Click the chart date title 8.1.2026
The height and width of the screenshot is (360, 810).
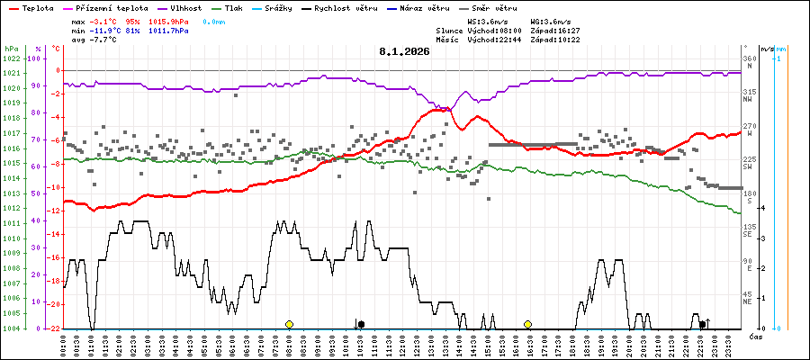pyautogui.click(x=404, y=51)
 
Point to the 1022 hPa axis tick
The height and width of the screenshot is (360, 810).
pyautogui.click(x=11, y=58)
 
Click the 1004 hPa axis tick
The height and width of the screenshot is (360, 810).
pyautogui.click(x=11, y=328)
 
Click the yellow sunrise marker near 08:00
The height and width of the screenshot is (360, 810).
pyautogui.click(x=289, y=324)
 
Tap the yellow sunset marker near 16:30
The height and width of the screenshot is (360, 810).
pyautogui.click(x=527, y=324)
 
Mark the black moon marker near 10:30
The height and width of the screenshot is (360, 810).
pyautogui.click(x=361, y=324)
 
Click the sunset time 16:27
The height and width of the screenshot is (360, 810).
pyautogui.click(x=568, y=31)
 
